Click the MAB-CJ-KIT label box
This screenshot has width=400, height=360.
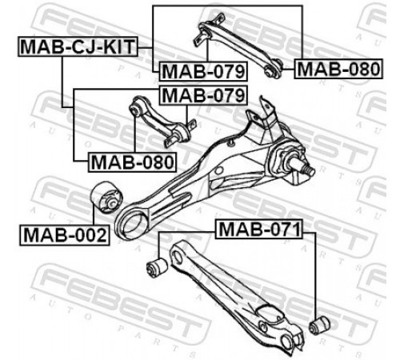[78, 46]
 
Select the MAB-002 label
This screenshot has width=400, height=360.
[65, 235]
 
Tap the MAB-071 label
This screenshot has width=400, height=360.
[259, 229]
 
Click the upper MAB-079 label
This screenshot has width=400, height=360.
[203, 71]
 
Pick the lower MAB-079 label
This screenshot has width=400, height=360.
[203, 95]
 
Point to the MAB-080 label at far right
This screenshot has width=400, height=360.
[338, 69]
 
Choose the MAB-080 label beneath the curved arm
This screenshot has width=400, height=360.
[132, 162]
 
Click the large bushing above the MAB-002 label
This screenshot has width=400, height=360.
[106, 197]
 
